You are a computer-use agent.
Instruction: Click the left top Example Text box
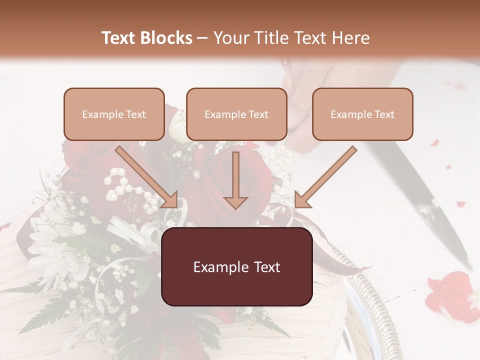coord(114,114)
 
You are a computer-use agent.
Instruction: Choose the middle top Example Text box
coord(236,114)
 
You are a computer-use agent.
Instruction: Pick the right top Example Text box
coord(362,114)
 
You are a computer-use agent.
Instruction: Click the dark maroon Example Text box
coord(236,266)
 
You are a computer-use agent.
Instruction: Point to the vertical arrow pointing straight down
coord(235,180)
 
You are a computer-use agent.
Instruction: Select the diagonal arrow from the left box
coord(147,177)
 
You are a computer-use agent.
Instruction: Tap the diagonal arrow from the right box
coord(325,177)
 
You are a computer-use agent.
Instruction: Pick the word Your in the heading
coord(229,38)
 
